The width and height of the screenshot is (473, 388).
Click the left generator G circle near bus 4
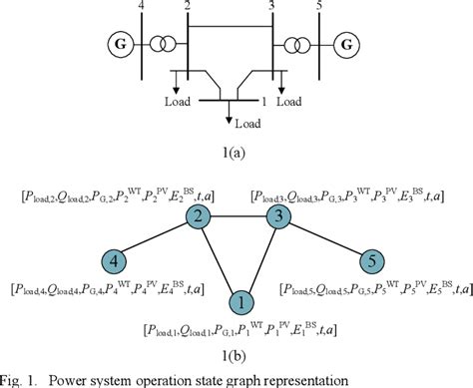tap(119, 45)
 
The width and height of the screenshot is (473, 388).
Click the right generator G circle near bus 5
tap(348, 45)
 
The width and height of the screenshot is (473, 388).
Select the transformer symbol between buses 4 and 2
tap(160, 45)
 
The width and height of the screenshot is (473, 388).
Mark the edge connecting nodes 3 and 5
tap(326, 240)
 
